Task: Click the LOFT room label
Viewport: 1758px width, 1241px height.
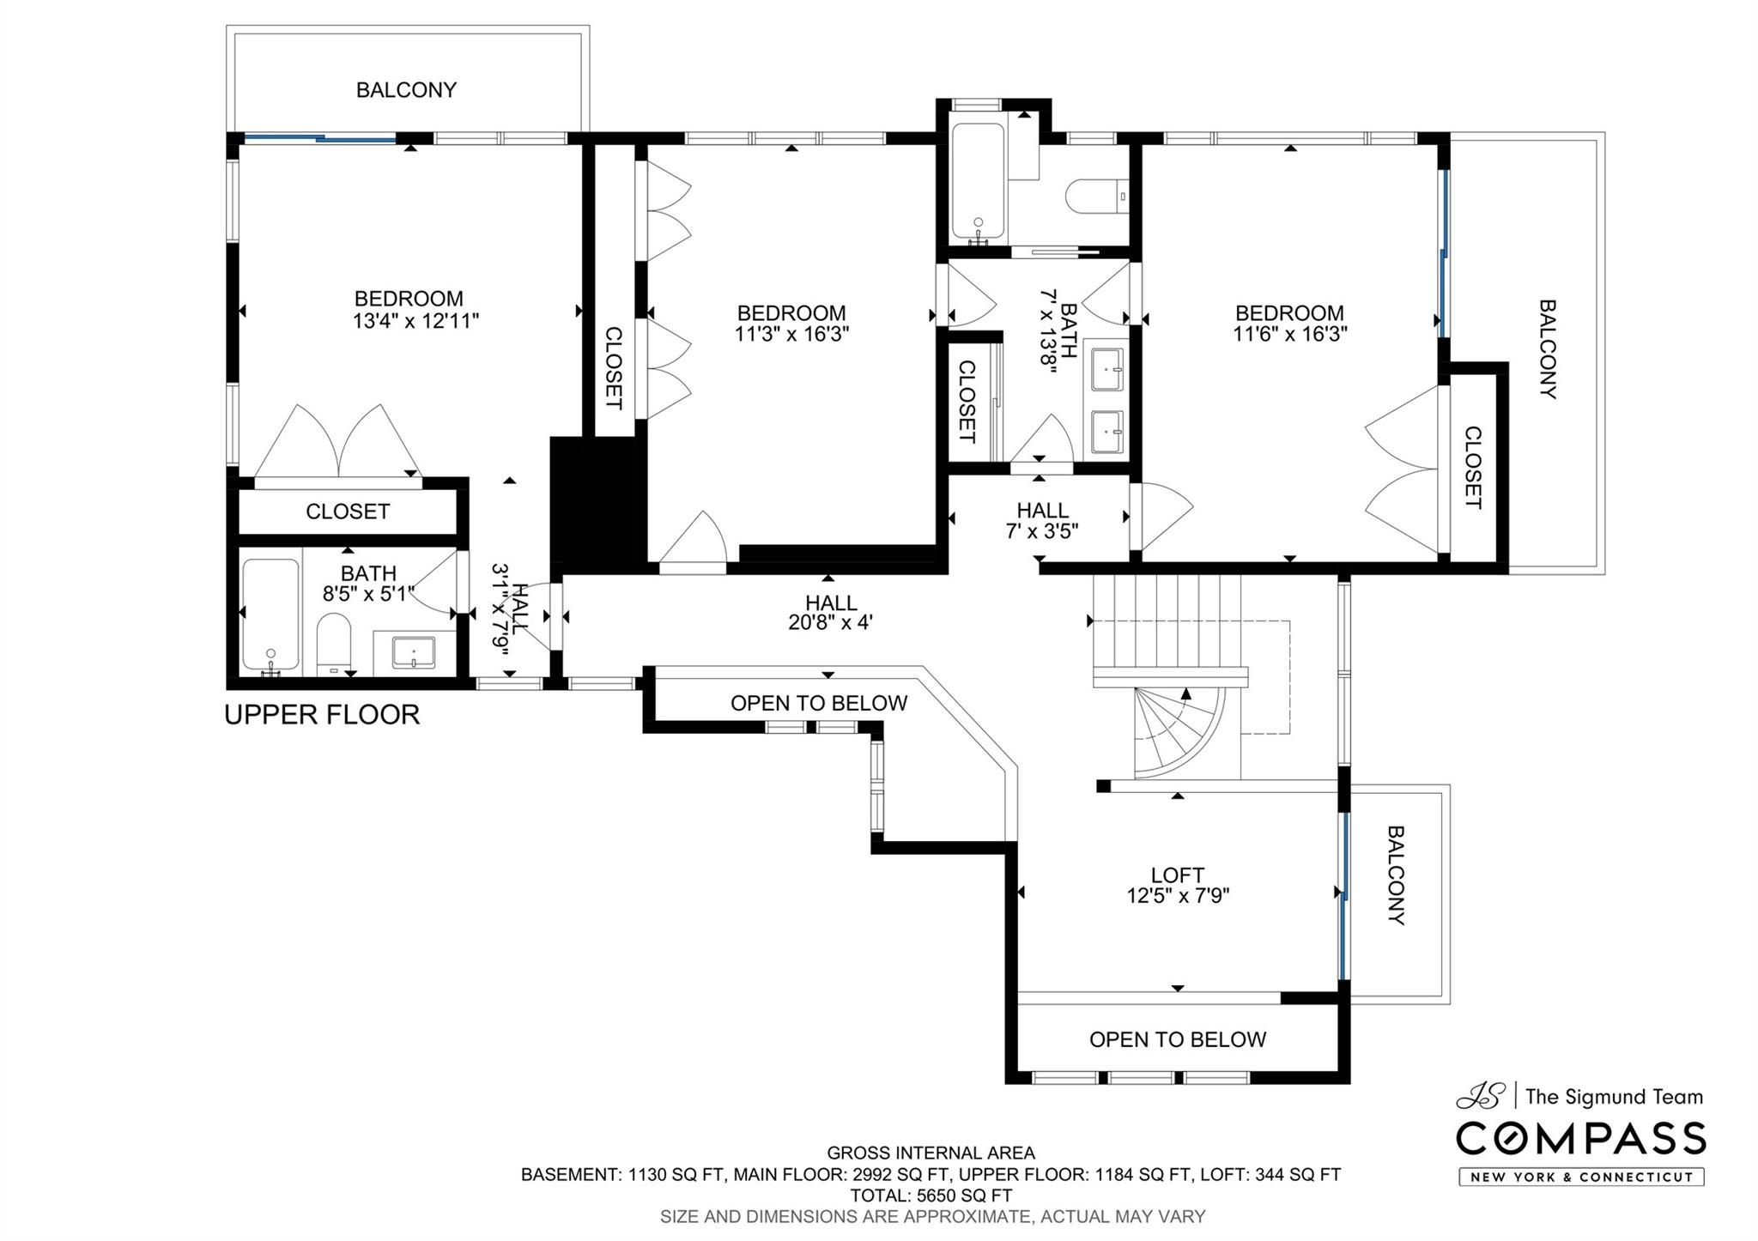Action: [1178, 875]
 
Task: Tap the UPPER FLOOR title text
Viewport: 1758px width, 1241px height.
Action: [322, 714]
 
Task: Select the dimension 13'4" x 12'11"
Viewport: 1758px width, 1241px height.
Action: [415, 321]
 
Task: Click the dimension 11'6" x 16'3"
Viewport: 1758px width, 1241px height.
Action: [1290, 334]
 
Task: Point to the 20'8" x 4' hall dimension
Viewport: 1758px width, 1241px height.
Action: [830, 622]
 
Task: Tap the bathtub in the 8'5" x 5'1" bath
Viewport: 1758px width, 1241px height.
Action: [271, 614]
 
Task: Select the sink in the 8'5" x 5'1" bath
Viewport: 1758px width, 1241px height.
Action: [414, 651]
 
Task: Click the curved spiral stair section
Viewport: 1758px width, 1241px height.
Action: [1180, 732]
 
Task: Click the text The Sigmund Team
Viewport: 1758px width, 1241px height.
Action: [1614, 1096]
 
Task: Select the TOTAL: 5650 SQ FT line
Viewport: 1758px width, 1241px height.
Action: [931, 1196]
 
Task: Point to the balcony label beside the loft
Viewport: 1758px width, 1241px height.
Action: [1397, 875]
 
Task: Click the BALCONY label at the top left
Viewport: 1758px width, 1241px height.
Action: [406, 90]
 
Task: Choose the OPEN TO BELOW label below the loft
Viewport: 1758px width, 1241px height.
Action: [1178, 1039]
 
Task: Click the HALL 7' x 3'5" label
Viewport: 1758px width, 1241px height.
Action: [1042, 521]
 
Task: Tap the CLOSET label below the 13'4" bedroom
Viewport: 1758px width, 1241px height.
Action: [348, 512]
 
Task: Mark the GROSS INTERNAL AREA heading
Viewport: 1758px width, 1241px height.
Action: [931, 1153]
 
